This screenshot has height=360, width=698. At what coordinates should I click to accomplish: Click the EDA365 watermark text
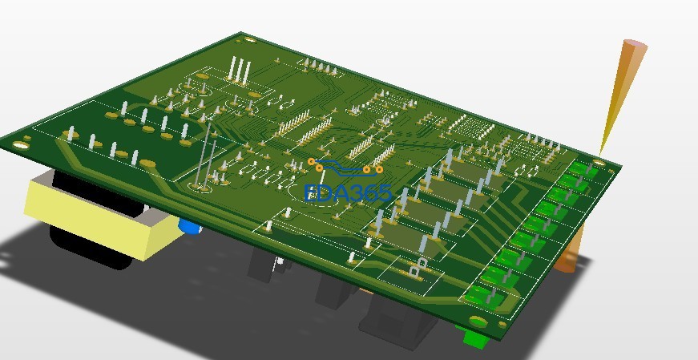(x=348, y=193)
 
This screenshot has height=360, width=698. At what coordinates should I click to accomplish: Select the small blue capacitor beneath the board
(x=190, y=226)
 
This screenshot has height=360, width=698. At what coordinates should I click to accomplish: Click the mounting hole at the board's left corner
(x=19, y=145)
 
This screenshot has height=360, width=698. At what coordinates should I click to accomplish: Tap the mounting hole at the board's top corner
(x=250, y=40)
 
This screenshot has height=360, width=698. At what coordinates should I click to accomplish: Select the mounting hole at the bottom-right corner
(x=478, y=322)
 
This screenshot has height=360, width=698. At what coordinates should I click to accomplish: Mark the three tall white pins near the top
(x=239, y=70)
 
